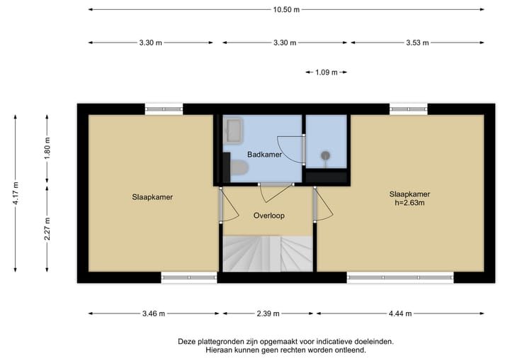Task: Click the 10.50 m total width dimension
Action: click(287, 10)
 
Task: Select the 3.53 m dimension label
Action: click(417, 43)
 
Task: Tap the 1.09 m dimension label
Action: click(326, 72)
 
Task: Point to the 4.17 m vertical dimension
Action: click(15, 193)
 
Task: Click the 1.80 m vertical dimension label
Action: click(47, 146)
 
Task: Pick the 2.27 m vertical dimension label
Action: click(47, 228)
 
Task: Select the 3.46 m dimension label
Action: click(152, 314)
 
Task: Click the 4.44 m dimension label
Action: click(400, 314)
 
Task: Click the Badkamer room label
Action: click(264, 155)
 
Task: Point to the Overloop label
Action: click(268, 216)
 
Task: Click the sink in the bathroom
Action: click(234, 131)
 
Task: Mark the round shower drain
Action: click(326, 155)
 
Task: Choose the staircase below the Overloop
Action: click(268, 254)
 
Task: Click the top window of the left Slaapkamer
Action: click(164, 109)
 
